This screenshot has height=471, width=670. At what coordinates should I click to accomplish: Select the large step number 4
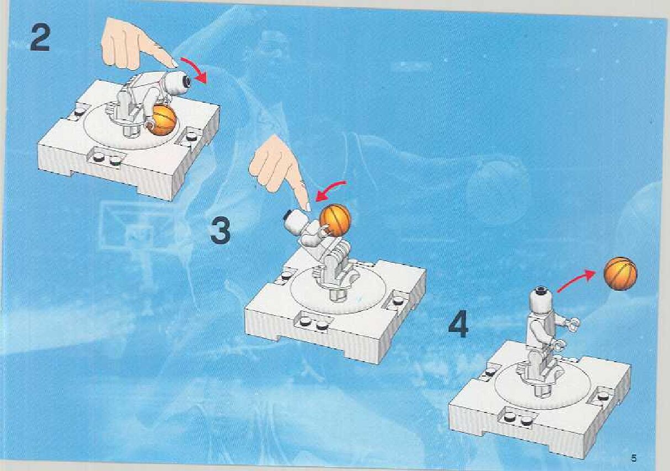click(459, 324)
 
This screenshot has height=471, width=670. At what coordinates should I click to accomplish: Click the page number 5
click(633, 458)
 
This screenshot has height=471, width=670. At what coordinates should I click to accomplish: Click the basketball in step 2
click(163, 121)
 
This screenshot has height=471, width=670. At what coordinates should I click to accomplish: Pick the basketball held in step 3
click(335, 220)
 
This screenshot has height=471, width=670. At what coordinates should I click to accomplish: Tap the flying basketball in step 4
click(620, 273)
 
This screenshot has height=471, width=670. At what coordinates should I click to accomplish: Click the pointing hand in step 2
click(135, 46)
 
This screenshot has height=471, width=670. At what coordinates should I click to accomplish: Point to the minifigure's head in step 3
click(296, 221)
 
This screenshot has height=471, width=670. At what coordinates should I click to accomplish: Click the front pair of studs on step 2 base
click(105, 158)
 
